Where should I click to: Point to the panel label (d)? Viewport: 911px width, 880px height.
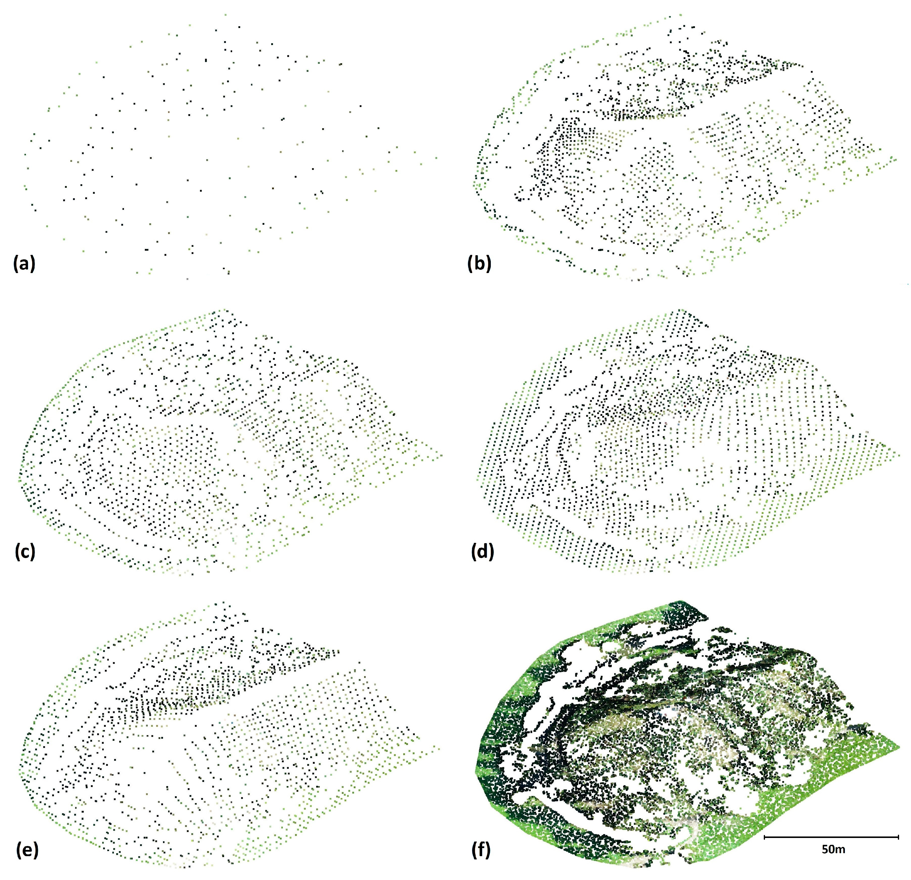tap(482, 552)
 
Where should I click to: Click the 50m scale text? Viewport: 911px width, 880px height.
tap(834, 850)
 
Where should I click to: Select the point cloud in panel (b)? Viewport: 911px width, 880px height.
tap(674, 154)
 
